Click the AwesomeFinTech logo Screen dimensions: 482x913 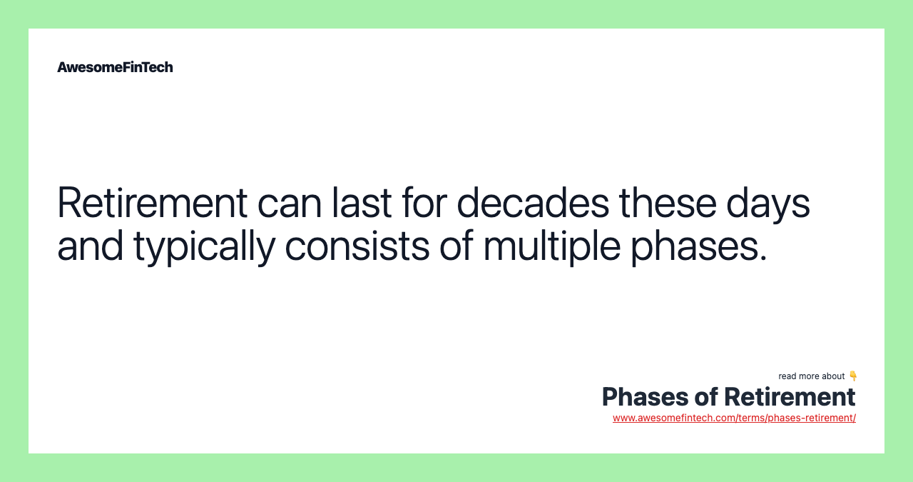pos(115,67)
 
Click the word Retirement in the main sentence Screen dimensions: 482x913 pos(152,202)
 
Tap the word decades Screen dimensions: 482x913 pos(533,202)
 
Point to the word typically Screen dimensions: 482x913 pos(204,245)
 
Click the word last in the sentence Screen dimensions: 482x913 pos(362,202)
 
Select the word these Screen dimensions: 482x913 pos(668,202)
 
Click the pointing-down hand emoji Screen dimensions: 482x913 pos(852,376)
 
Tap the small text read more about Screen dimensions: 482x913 pos(811,376)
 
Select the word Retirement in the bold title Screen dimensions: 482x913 pos(790,397)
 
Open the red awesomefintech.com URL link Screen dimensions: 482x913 pos(734,418)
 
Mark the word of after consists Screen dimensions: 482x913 pos(455,245)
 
